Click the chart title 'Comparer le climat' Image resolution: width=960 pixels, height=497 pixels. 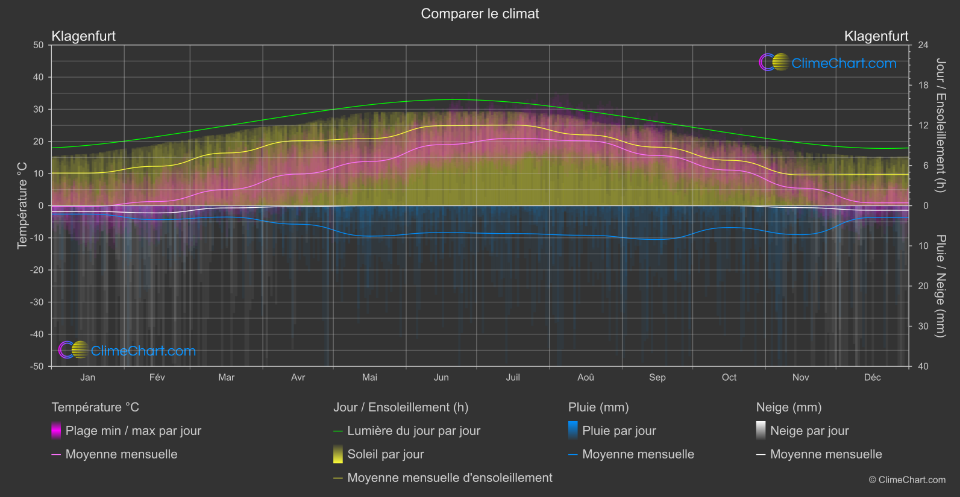pos(480,14)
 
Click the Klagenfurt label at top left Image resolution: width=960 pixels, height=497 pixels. pos(84,36)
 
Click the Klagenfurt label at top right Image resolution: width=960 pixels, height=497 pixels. pos(876,36)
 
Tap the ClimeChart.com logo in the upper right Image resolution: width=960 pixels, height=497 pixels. pos(827,63)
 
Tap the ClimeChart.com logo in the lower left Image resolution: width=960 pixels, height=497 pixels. pos(127,351)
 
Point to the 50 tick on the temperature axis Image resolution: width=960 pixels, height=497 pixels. pos(39,45)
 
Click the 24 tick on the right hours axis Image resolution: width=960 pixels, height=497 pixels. pos(923,45)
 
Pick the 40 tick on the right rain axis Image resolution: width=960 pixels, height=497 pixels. pos(923,366)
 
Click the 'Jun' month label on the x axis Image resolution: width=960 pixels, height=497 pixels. pos(441,378)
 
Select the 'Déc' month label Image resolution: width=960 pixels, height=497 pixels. pos(872,378)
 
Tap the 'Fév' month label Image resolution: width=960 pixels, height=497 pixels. pos(157,378)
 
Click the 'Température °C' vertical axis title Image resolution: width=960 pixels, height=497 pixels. pos(22,205)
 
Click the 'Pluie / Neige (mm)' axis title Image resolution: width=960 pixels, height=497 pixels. pos(940,286)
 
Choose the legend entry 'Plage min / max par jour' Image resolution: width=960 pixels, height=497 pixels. pos(133,431)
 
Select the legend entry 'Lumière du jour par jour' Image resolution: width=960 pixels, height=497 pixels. pos(413,431)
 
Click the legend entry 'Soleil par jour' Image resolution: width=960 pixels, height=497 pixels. pos(385,454)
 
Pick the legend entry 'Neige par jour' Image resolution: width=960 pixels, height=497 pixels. pos(809,431)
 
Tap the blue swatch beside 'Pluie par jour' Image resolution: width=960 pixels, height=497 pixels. pos(573,431)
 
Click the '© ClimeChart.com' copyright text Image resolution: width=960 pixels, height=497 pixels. pos(907,480)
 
